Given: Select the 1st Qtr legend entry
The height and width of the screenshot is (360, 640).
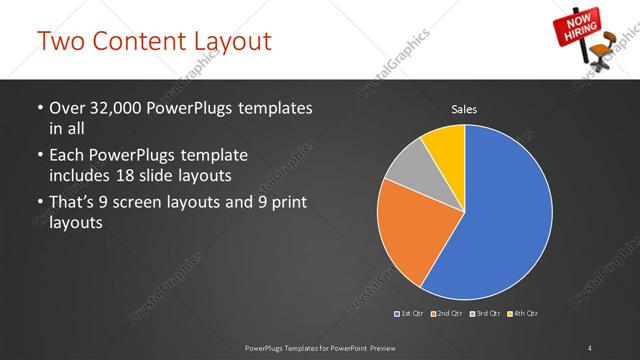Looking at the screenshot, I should [x=411, y=314].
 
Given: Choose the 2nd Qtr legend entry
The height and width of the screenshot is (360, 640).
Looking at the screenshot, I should [x=448, y=314].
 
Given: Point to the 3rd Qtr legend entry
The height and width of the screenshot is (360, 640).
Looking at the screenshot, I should [x=485, y=314].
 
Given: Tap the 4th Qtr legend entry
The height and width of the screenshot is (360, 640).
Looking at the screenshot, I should [x=522, y=314].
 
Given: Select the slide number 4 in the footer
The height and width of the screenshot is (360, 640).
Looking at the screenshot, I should [x=590, y=347].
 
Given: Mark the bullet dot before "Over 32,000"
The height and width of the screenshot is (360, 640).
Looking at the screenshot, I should [x=38, y=108].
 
